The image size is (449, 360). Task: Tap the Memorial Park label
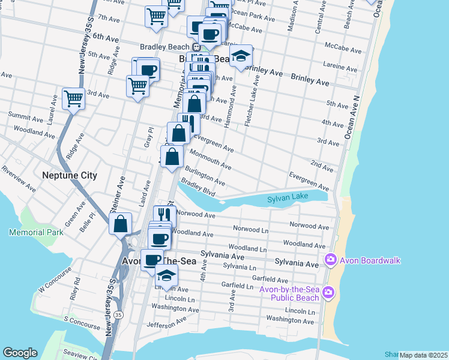(x=36, y=232)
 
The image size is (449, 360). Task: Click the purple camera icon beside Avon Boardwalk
(x=330, y=260)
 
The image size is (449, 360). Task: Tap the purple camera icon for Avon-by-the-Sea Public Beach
(x=328, y=292)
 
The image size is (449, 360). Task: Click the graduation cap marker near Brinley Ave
(x=241, y=56)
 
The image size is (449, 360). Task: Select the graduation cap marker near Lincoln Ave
(x=166, y=275)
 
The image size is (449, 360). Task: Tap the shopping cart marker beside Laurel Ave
(x=73, y=98)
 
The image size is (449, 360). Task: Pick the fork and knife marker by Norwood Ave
(x=163, y=215)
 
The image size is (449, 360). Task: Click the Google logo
(x=20, y=353)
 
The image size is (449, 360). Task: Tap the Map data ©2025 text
(x=423, y=355)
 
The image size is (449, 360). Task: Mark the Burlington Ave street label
(x=205, y=176)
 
